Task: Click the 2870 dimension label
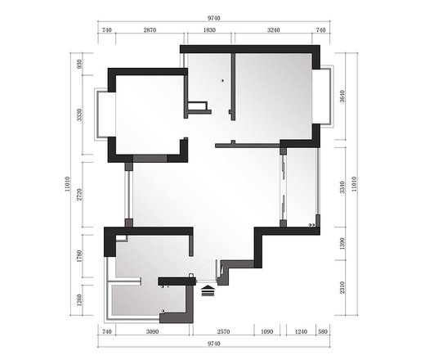point(150,30)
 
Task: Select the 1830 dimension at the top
point(209,30)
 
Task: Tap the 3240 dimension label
point(274,30)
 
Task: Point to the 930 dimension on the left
point(79,64)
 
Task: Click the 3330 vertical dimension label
point(79,115)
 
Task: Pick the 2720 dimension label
point(79,195)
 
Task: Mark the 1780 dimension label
point(79,256)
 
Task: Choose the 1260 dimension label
point(79,300)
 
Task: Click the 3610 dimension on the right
point(342,97)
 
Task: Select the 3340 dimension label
point(342,187)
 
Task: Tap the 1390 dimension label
point(342,244)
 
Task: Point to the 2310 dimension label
point(342,287)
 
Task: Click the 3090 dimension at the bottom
point(152,331)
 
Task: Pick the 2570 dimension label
point(223,331)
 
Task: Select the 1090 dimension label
point(266,331)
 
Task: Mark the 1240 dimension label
point(301,331)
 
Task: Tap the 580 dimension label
point(323,331)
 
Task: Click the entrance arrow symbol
point(208,290)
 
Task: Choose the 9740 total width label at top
point(214,18)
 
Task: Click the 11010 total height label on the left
point(67,184)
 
